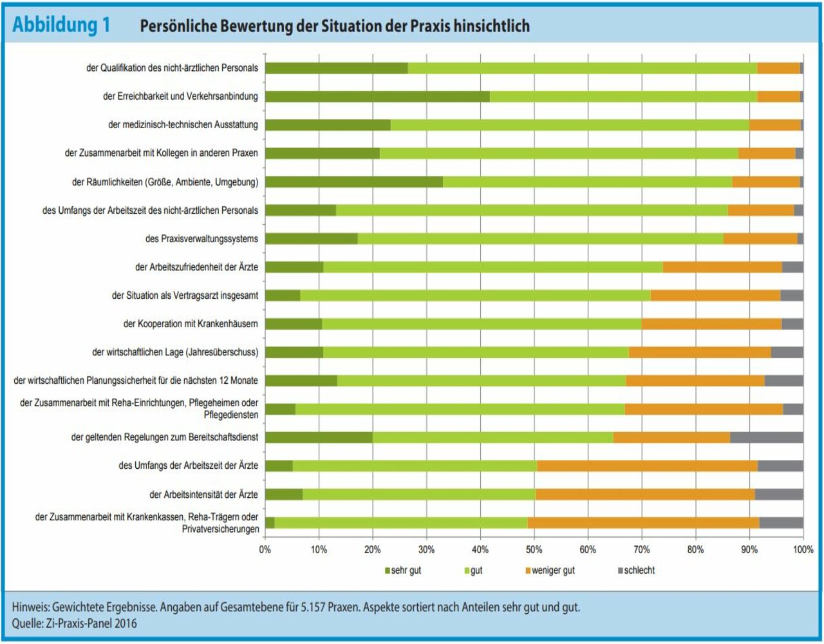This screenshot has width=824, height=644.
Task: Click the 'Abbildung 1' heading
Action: coord(61,25)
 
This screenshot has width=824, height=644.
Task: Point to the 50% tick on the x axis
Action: coord(534,549)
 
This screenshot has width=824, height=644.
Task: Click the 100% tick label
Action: coord(803,549)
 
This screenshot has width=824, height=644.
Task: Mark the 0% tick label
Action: coord(265,549)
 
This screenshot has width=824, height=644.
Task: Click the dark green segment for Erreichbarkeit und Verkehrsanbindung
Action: coord(377,97)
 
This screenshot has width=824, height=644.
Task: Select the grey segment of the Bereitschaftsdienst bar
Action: coord(767,437)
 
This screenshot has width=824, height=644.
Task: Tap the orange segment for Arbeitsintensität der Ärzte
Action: coord(645,494)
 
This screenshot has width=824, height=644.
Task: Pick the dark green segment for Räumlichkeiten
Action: coord(353,182)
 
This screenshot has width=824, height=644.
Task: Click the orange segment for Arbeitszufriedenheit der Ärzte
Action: coord(722,267)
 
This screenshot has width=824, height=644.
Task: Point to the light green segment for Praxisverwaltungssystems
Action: coord(540,238)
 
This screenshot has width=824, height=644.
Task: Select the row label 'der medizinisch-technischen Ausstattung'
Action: coord(183,125)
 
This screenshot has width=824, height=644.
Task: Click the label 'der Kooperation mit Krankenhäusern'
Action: coord(191,323)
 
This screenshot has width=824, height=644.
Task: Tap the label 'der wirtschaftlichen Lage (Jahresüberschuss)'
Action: coord(175,352)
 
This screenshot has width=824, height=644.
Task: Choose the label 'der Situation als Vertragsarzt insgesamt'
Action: coord(185,296)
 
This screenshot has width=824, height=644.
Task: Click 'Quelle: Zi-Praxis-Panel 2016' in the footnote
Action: coord(74,623)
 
